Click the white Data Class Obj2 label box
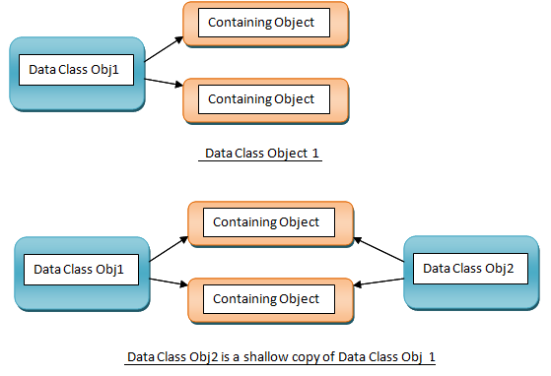(x=470, y=269)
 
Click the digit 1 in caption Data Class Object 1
(x=315, y=154)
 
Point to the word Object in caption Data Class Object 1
(x=287, y=154)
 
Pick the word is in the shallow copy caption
(x=225, y=357)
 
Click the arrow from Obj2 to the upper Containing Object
(x=379, y=249)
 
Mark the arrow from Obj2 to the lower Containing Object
(x=379, y=282)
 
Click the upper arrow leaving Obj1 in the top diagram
(x=164, y=49)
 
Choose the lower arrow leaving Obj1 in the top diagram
(x=164, y=82)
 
